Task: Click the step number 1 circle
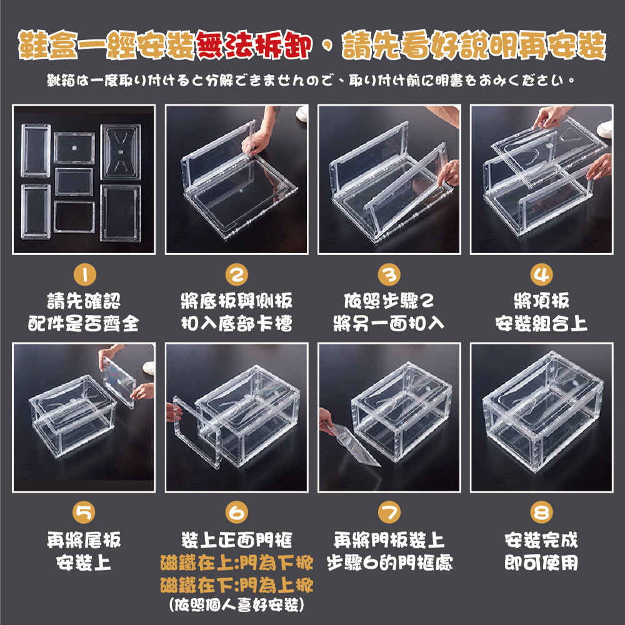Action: point(84,274)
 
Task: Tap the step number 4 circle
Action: point(541,274)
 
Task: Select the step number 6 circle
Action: point(237,512)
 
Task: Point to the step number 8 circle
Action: point(541,512)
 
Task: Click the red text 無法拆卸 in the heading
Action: point(254,45)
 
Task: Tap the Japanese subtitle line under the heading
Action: point(311,81)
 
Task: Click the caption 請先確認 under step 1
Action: point(84,301)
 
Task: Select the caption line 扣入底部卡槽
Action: point(237,323)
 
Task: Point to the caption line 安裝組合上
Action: point(541,323)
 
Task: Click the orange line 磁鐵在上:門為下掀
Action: point(237,563)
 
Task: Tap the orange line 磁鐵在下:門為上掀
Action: point(237,585)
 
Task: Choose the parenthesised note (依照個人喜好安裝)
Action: point(237,605)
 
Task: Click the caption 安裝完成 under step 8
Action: point(541,540)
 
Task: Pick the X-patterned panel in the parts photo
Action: point(121,151)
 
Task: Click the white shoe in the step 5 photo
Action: point(149,368)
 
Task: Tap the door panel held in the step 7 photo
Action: point(356,445)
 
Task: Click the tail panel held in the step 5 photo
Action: point(119,382)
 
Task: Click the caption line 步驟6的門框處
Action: point(389,563)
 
